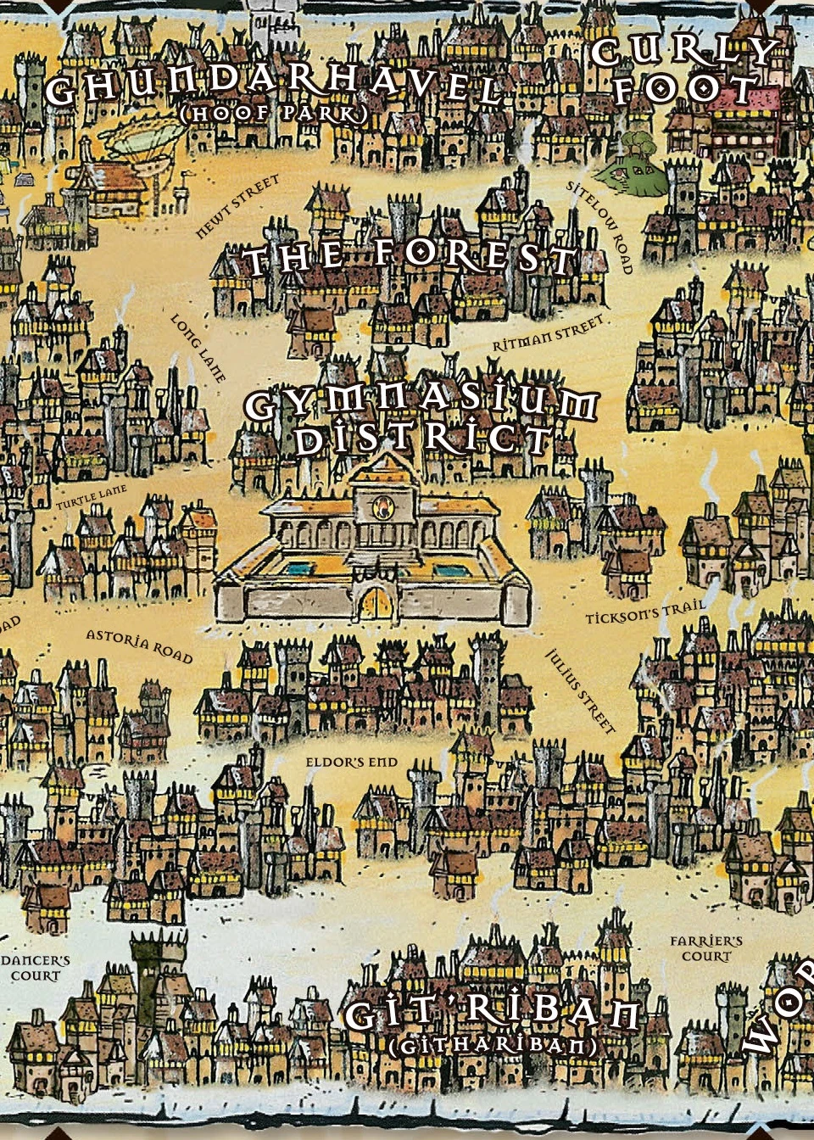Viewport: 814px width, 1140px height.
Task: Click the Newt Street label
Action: (237, 207)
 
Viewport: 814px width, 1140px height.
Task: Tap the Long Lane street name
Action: (198, 348)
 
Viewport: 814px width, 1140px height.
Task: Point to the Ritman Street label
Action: (549, 333)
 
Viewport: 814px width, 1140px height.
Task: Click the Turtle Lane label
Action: (92, 498)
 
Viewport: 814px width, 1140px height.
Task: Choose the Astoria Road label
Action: (139, 646)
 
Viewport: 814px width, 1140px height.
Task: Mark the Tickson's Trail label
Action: (644, 612)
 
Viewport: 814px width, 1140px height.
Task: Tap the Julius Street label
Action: (580, 690)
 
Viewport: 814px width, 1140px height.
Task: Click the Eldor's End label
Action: (351, 763)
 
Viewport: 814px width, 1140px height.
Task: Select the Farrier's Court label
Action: (705, 948)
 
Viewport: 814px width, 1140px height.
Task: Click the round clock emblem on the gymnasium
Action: (381, 507)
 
